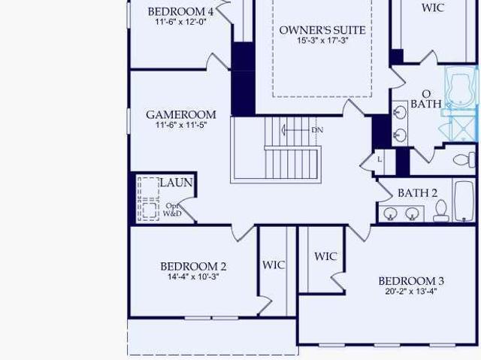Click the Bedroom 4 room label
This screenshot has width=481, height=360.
(180, 12)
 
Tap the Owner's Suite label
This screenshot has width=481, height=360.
(322, 30)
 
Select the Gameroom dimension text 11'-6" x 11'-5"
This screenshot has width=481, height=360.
(181, 125)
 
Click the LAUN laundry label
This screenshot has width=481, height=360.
(176, 183)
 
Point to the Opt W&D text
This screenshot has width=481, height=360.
(172, 210)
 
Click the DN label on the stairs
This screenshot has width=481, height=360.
(317, 130)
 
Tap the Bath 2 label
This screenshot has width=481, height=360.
(417, 193)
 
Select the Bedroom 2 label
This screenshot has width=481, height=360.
(193, 266)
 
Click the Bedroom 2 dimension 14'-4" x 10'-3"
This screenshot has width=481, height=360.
(193, 277)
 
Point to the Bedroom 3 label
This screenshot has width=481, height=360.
(411, 281)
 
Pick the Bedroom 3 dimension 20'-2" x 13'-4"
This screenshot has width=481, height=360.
(411, 291)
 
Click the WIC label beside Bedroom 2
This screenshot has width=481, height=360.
(274, 265)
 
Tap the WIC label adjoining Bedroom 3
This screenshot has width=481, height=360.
(325, 256)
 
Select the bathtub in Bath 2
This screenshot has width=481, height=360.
(464, 201)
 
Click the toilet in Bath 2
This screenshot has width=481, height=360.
(441, 210)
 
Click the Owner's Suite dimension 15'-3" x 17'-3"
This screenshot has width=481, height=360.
(322, 40)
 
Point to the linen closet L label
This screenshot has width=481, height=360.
(380, 159)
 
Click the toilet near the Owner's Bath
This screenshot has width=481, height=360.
(464, 159)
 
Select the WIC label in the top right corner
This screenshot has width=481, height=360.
(433, 8)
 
